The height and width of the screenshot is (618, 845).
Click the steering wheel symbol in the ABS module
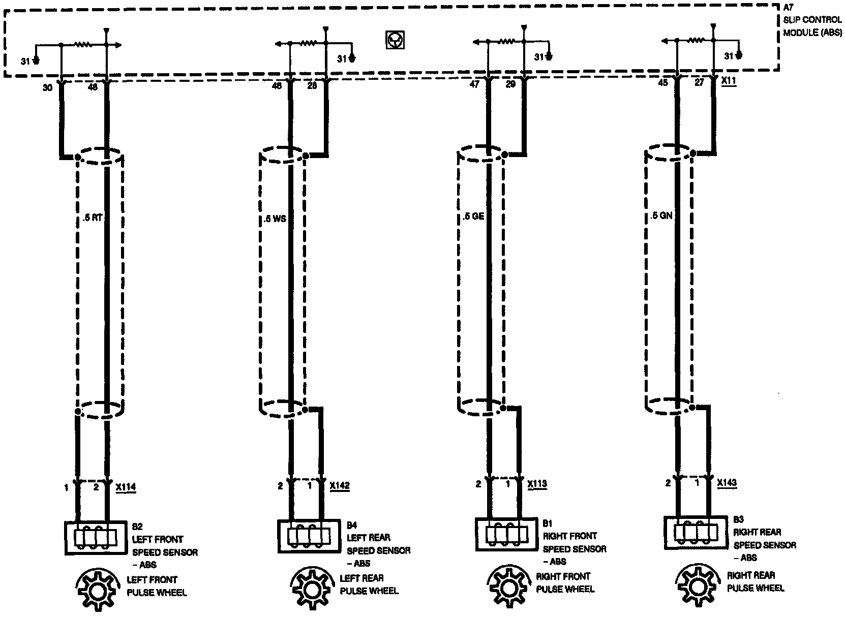tap(395, 40)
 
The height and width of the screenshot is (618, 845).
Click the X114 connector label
tap(126, 487)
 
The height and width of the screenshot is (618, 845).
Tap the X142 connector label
tap(340, 486)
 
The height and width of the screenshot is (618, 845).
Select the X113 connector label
tap(537, 484)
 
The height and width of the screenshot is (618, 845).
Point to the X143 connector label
tap(727, 483)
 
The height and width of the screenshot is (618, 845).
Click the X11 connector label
tap(729, 81)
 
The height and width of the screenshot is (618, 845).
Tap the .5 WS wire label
tap(275, 220)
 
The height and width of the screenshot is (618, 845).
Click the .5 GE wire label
tap(474, 216)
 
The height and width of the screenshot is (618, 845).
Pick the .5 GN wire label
tap(661, 215)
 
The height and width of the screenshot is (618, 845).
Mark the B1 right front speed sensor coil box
tap(506, 534)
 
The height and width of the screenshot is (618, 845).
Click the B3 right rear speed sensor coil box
tap(696, 532)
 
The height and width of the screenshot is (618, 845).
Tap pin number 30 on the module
tap(47, 88)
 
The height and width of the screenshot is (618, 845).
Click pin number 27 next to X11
tap(700, 82)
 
